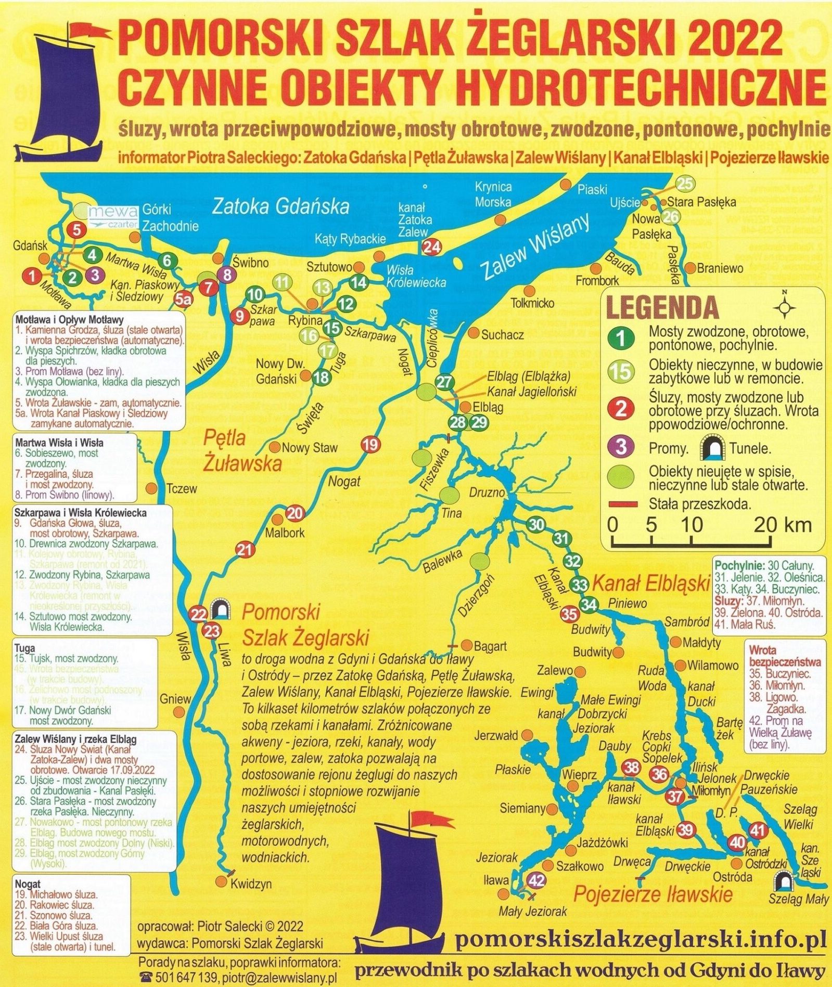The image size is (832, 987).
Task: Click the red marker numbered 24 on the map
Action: click(x=431, y=247)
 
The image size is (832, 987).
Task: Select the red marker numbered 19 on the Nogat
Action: click(x=370, y=445)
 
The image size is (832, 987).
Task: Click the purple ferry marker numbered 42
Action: click(x=536, y=880)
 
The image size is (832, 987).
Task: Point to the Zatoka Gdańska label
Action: click(x=280, y=206)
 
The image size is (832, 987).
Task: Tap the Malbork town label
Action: click(x=285, y=533)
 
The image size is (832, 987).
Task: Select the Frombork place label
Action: click(x=597, y=281)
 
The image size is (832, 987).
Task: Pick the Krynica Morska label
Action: click(x=493, y=194)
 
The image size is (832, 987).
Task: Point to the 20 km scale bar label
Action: click(x=782, y=525)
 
